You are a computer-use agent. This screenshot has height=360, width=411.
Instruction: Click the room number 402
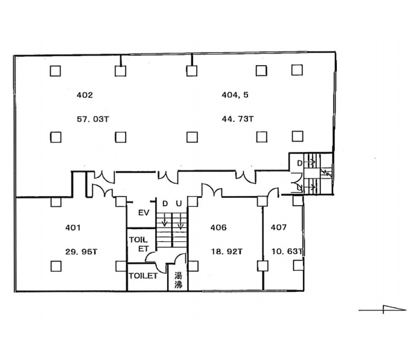click(x=84, y=95)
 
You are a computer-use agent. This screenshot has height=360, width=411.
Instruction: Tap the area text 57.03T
click(x=93, y=119)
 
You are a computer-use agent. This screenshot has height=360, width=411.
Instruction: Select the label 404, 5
click(x=235, y=95)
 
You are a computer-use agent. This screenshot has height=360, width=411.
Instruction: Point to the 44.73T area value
click(x=237, y=119)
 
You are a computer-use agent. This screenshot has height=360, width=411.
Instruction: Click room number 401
click(x=73, y=228)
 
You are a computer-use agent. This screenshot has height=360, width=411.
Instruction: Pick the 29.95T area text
click(x=81, y=252)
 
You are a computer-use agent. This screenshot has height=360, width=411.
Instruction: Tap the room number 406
click(x=218, y=227)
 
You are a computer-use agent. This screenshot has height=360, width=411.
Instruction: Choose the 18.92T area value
click(x=227, y=252)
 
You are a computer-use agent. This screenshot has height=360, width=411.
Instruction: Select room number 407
click(x=279, y=227)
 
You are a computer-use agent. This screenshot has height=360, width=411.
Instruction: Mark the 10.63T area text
click(x=287, y=251)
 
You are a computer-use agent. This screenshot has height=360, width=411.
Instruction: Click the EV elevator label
click(x=144, y=213)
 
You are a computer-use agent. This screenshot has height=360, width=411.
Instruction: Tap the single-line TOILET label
click(x=143, y=276)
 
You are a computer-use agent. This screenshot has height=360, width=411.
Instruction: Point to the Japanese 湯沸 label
click(x=179, y=280)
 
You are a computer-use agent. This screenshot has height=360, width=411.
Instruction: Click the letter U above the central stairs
click(x=179, y=204)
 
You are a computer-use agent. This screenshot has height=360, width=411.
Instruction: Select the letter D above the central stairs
click(x=165, y=204)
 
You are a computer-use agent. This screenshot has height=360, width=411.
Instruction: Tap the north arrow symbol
click(x=383, y=309)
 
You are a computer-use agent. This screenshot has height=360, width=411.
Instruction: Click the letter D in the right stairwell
click(x=299, y=163)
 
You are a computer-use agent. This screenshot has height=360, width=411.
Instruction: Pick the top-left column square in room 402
click(x=56, y=71)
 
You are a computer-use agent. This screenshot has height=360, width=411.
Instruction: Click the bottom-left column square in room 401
click(x=56, y=267)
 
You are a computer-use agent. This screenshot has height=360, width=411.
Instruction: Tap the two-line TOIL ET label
click(x=139, y=244)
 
